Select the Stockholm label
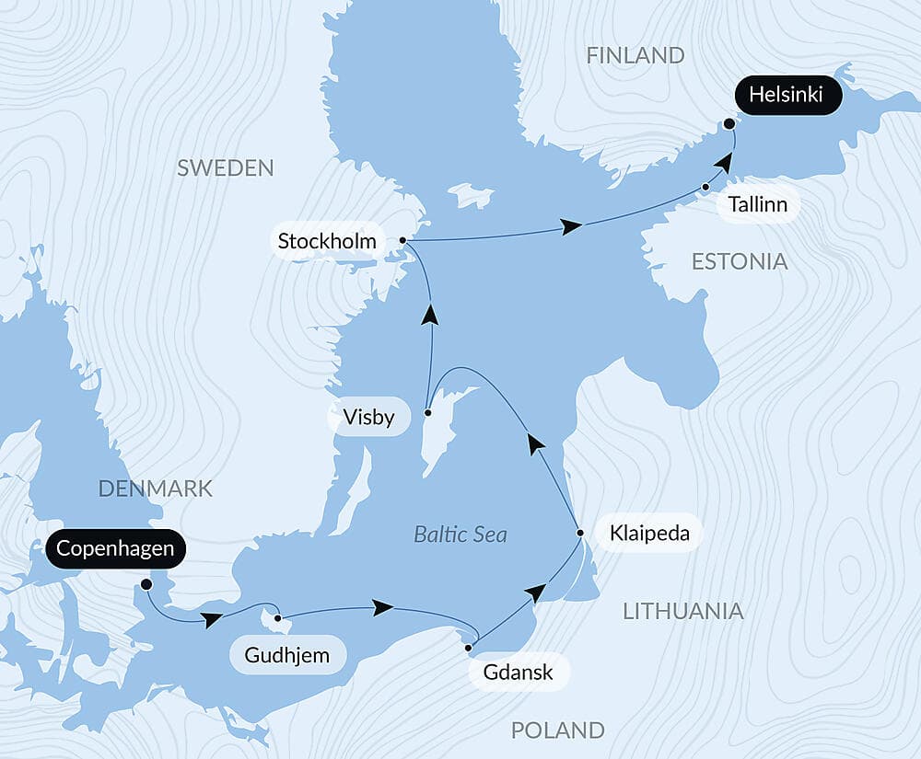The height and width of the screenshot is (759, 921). [327, 243]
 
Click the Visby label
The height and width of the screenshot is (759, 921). [368, 418]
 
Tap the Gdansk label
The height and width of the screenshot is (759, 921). [519, 672]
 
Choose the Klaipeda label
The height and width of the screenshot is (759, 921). [649, 534]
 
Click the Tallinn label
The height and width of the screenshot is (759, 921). [756, 204]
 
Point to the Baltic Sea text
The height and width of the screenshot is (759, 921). [460, 535]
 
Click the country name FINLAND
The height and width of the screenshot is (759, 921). [635, 56]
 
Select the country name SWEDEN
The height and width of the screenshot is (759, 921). [226, 167]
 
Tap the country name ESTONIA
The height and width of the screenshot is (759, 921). [740, 262]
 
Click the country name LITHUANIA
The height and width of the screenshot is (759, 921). [682, 611]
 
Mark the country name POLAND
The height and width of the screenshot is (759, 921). [557, 730]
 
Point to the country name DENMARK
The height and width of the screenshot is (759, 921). [156, 489]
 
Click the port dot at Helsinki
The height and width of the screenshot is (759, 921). [729, 123]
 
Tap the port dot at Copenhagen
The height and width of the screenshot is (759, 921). [146, 583]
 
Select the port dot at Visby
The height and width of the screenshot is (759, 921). [427, 413]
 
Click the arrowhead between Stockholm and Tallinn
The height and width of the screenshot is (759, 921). [572, 226]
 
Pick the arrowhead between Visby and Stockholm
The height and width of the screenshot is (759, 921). [429, 316]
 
